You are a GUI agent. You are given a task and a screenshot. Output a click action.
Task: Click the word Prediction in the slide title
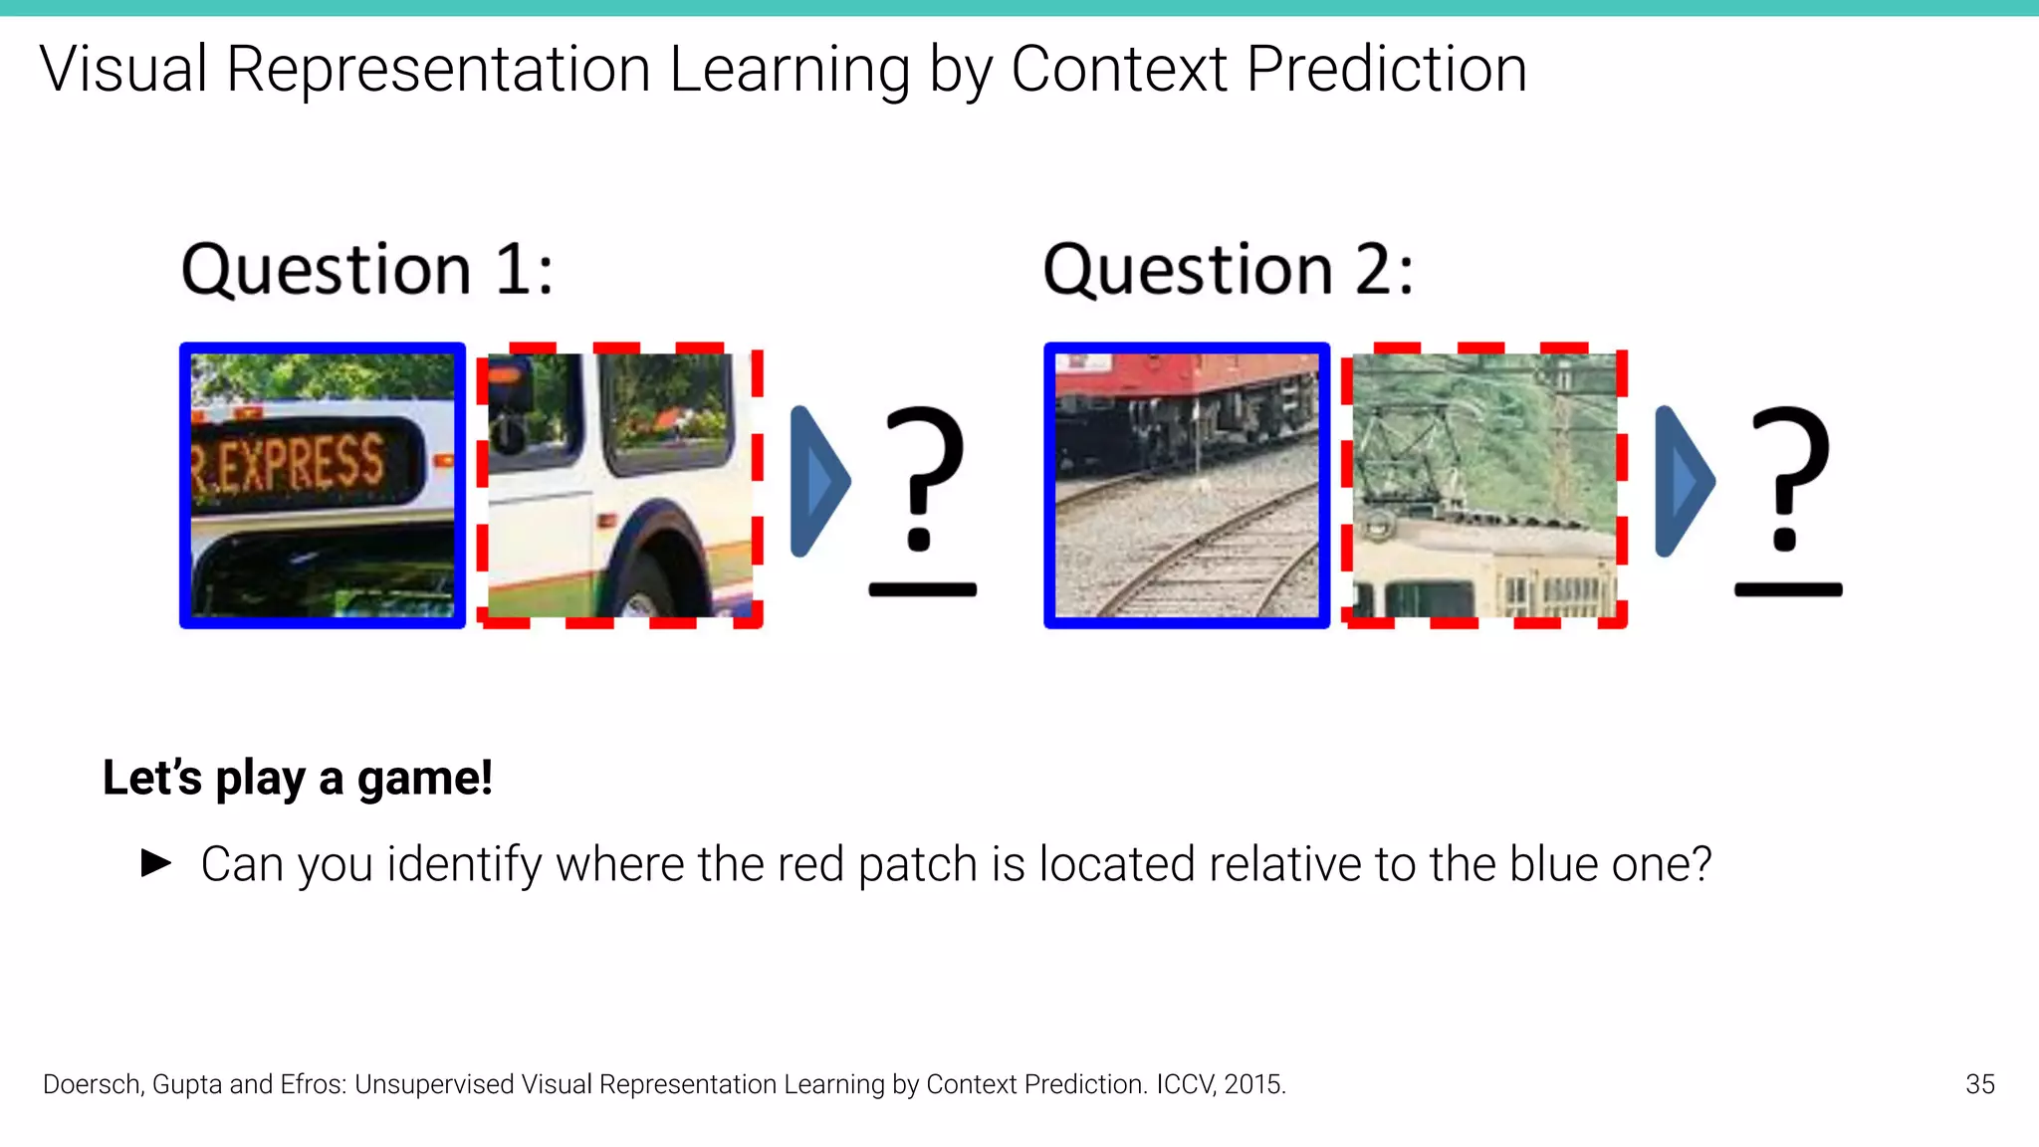click(x=1386, y=70)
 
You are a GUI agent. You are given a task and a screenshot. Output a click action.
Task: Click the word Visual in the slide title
click(x=123, y=70)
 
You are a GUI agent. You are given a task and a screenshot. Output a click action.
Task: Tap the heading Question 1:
click(x=366, y=270)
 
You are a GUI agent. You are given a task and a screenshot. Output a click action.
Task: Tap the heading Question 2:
click(x=1228, y=270)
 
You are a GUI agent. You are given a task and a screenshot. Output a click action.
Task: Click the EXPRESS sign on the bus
click(x=299, y=463)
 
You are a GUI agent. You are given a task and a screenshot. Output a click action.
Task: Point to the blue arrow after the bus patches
click(x=819, y=482)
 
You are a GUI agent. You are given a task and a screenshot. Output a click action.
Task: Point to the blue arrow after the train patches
click(x=1684, y=482)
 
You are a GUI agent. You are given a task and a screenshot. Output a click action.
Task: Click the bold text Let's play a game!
click(x=298, y=778)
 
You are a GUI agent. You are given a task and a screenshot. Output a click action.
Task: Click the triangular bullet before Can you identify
click(x=156, y=862)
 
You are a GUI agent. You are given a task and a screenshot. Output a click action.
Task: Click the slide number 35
click(x=1979, y=1084)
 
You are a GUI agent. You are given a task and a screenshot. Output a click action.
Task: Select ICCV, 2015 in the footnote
click(x=1220, y=1084)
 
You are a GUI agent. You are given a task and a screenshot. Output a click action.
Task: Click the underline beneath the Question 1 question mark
click(x=923, y=590)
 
